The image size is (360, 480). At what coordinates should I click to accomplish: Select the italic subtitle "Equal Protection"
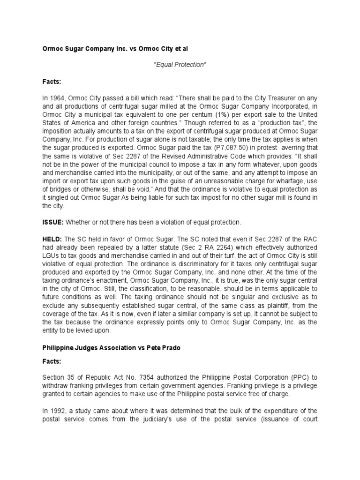click(x=180, y=64)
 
